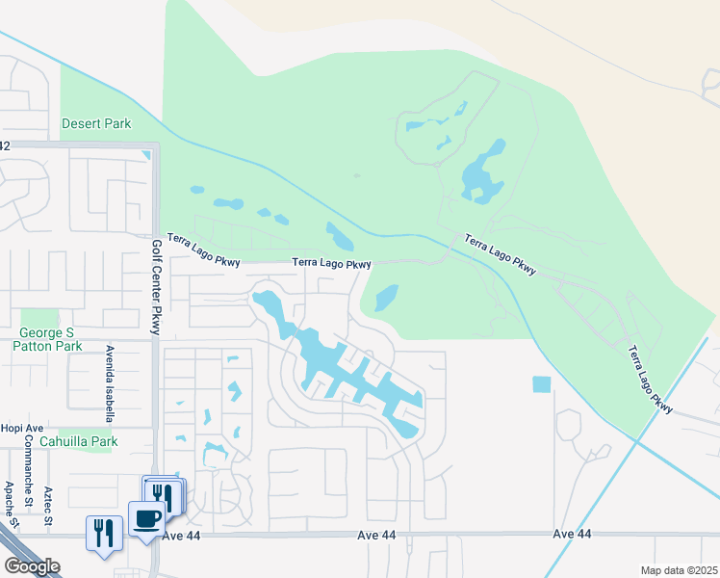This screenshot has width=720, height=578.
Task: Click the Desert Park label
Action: pos(96,123)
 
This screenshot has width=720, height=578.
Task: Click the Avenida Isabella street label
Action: pos(110,384)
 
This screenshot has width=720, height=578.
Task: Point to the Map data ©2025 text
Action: pos(679,570)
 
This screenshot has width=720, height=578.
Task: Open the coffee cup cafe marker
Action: pos(146,520)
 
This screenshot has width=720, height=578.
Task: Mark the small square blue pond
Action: pos(542,383)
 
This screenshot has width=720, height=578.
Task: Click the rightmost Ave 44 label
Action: pos(572,534)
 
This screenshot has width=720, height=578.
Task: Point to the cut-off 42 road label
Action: pos(5,145)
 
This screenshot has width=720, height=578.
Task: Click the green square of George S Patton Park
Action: pos(39,319)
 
